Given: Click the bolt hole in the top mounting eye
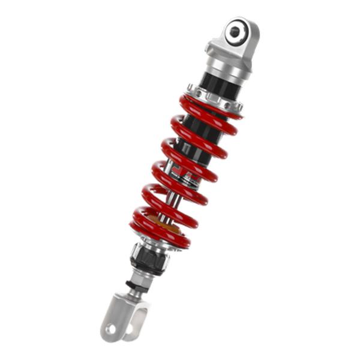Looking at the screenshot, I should pos(235,29).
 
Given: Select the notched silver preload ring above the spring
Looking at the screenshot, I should pos(213,99).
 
